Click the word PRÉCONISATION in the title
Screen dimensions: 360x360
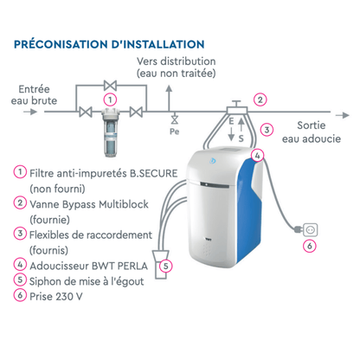[x=61, y=44]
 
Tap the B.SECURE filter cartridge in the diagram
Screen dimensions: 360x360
[x=110, y=132]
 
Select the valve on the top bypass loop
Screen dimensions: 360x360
[x=110, y=86]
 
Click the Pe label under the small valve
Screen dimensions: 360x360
[x=174, y=132]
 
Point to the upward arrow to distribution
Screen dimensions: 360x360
[x=169, y=99]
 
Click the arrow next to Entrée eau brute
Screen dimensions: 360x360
[x=30, y=112]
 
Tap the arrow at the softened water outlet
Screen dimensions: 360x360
[x=343, y=115]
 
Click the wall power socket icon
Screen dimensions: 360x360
[x=311, y=230]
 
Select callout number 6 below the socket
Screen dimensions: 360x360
[x=310, y=246]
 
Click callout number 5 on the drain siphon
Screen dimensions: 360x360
[x=166, y=266]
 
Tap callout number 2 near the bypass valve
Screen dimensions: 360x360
[x=260, y=100]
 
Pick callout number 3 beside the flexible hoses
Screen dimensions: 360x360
[x=267, y=130]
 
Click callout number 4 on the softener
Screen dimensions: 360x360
[x=257, y=156]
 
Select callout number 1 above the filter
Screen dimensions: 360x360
[x=110, y=100]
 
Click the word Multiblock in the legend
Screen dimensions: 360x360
[x=124, y=204]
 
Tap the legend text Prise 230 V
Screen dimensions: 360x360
[x=56, y=297]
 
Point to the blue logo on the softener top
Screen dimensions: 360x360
[x=213, y=161]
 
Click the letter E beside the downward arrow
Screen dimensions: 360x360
[x=231, y=121]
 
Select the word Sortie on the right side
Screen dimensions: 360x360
[x=312, y=125]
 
